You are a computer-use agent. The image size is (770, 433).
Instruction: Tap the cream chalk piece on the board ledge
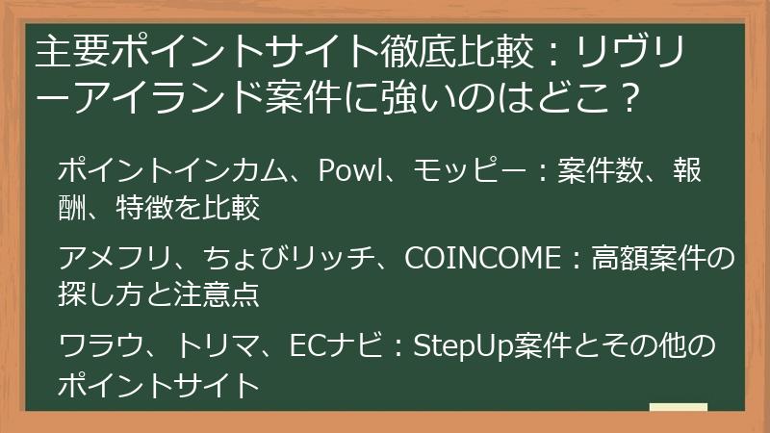click(678, 406)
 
